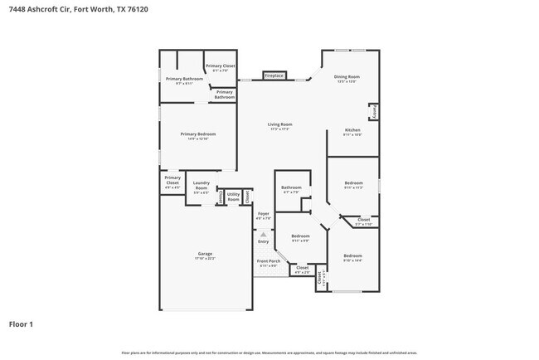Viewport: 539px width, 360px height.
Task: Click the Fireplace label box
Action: pyautogui.click(x=274, y=75)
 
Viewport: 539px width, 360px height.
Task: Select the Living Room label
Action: pyautogui.click(x=279, y=126)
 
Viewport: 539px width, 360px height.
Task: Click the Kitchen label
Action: pyautogui.click(x=352, y=132)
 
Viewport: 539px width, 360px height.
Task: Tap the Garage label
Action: pyautogui.click(x=205, y=255)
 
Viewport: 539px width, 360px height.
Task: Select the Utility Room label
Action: pyautogui.click(x=233, y=197)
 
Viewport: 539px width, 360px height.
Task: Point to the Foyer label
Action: pyautogui.click(x=264, y=216)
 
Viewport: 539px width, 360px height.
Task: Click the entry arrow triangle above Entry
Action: pyautogui.click(x=264, y=234)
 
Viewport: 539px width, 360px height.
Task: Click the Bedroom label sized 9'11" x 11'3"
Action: pyautogui.click(x=353, y=185)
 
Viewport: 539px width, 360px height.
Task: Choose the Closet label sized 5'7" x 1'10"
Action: pyautogui.click(x=363, y=221)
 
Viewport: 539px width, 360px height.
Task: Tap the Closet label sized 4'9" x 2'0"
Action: pyautogui.click(x=302, y=270)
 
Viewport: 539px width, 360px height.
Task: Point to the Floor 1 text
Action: pyautogui.click(x=21, y=324)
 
